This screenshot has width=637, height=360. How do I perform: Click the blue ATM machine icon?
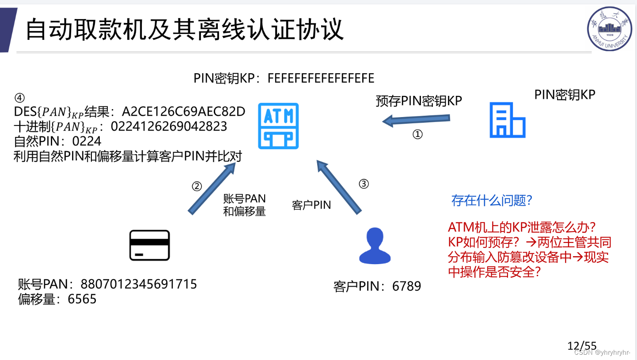coord(278,126)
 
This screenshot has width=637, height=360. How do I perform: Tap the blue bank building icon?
coord(507,120)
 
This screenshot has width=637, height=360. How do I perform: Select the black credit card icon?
coord(149,245)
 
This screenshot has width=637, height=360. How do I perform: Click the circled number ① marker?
coord(417,134)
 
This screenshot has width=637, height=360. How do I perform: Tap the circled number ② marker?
coord(197,186)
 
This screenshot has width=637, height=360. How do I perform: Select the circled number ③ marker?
coord(363,184)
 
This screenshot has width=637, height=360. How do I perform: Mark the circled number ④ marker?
coord(20,98)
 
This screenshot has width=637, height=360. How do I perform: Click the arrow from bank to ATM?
coord(416,119)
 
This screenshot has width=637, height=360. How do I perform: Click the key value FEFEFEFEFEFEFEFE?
coord(321,79)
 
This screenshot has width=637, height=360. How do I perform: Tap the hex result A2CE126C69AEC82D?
coord(183,112)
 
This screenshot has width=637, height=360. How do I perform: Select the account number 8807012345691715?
coord(139,284)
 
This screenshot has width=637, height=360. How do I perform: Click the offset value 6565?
coord(82,299)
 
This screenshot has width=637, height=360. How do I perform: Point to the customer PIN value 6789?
coord(406,286)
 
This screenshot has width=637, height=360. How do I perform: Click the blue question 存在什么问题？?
coord(491,201)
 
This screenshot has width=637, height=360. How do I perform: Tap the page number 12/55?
coord(582,346)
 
